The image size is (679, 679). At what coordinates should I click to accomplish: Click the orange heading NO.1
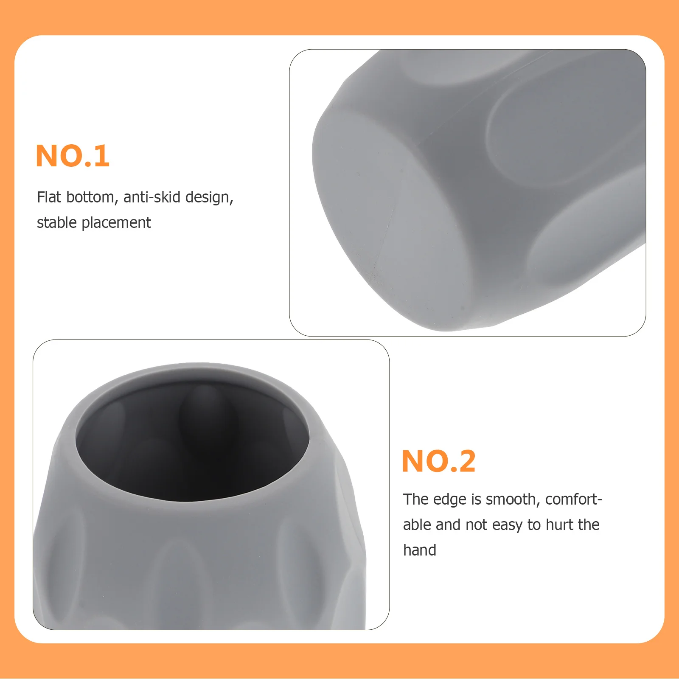pyautogui.click(x=73, y=156)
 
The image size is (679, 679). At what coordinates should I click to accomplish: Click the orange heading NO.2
pyautogui.click(x=438, y=461)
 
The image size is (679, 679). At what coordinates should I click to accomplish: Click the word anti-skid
pyautogui.click(x=152, y=197)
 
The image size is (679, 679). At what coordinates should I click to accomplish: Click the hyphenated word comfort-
pyautogui.click(x=573, y=499)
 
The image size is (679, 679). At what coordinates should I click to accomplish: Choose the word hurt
pyautogui.click(x=561, y=525)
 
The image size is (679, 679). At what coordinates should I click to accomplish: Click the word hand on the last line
pyautogui.click(x=419, y=550)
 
